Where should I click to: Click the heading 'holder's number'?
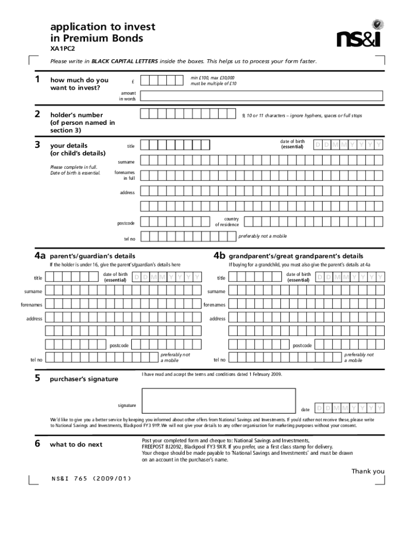76,115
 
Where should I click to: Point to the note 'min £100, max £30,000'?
212,78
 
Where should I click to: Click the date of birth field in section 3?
348,145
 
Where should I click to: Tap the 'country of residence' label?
227,222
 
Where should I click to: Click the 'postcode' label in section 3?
126,223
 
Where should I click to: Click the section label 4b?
219,256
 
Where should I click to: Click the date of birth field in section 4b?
351,277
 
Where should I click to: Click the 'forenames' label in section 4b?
214,305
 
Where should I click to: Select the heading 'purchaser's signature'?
84,379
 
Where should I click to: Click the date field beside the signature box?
350,408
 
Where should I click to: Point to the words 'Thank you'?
368,471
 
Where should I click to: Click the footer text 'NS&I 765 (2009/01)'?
91,478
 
